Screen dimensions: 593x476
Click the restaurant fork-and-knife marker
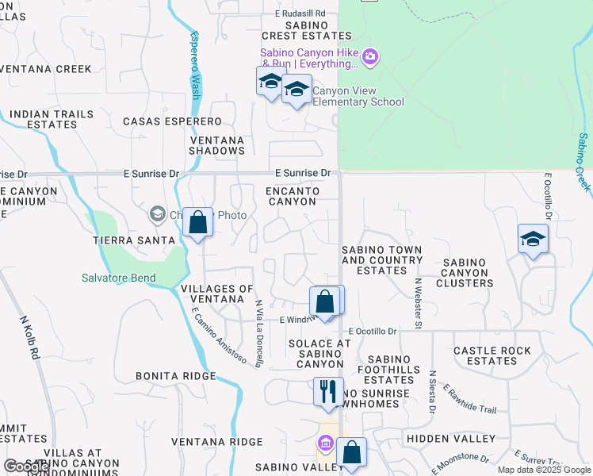[x=327, y=391]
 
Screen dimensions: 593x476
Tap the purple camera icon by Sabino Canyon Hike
[x=370, y=56]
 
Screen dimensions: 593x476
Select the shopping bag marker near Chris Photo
[x=197, y=222]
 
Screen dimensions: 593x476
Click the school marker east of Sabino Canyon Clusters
[x=533, y=239]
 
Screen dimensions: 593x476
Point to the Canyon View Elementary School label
[x=358, y=96]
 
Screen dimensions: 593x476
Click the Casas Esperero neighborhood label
[x=172, y=121]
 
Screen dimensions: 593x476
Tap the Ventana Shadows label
[x=217, y=145]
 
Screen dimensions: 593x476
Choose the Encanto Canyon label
[x=293, y=196]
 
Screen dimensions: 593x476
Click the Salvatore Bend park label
[x=119, y=278]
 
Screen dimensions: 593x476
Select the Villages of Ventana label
[x=217, y=294]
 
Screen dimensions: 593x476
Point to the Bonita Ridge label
[x=175, y=376]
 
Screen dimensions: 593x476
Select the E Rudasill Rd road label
[x=300, y=13]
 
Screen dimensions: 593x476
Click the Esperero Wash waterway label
[x=195, y=64]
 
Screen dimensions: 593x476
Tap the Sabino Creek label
[x=583, y=162]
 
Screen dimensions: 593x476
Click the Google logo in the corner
[x=26, y=466]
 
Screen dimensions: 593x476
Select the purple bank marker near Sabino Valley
[x=325, y=443]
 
